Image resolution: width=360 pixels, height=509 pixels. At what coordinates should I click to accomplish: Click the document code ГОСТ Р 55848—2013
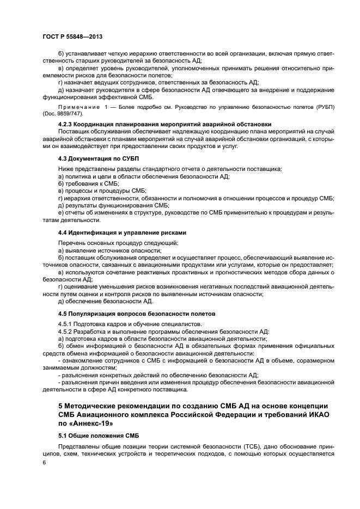pos(72,36)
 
